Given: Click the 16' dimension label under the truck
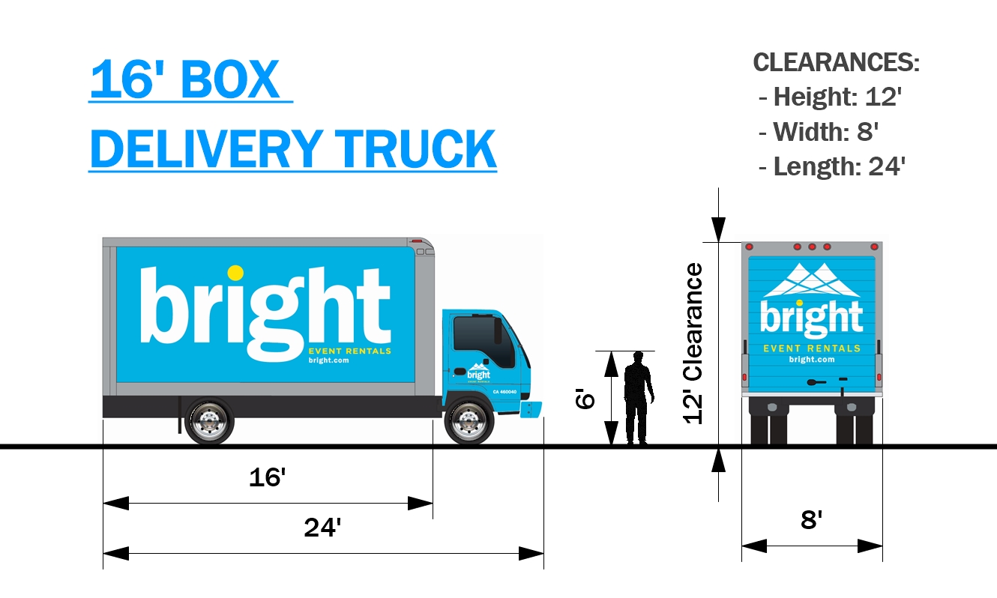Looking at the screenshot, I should (x=268, y=477).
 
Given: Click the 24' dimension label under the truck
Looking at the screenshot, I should (x=322, y=528).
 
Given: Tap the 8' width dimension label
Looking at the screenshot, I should (x=812, y=520).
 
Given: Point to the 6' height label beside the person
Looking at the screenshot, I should (x=585, y=397).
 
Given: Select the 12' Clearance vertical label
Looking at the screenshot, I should (x=694, y=343).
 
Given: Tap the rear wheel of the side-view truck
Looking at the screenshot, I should (x=209, y=421).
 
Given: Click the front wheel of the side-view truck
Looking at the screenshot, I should (x=469, y=421).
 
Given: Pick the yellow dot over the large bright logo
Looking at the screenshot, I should (x=235, y=273).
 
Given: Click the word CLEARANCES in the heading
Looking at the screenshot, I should (x=836, y=63).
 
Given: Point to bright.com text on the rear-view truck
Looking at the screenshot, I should (x=812, y=360).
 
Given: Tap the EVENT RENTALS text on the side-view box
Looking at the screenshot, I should (x=350, y=351).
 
